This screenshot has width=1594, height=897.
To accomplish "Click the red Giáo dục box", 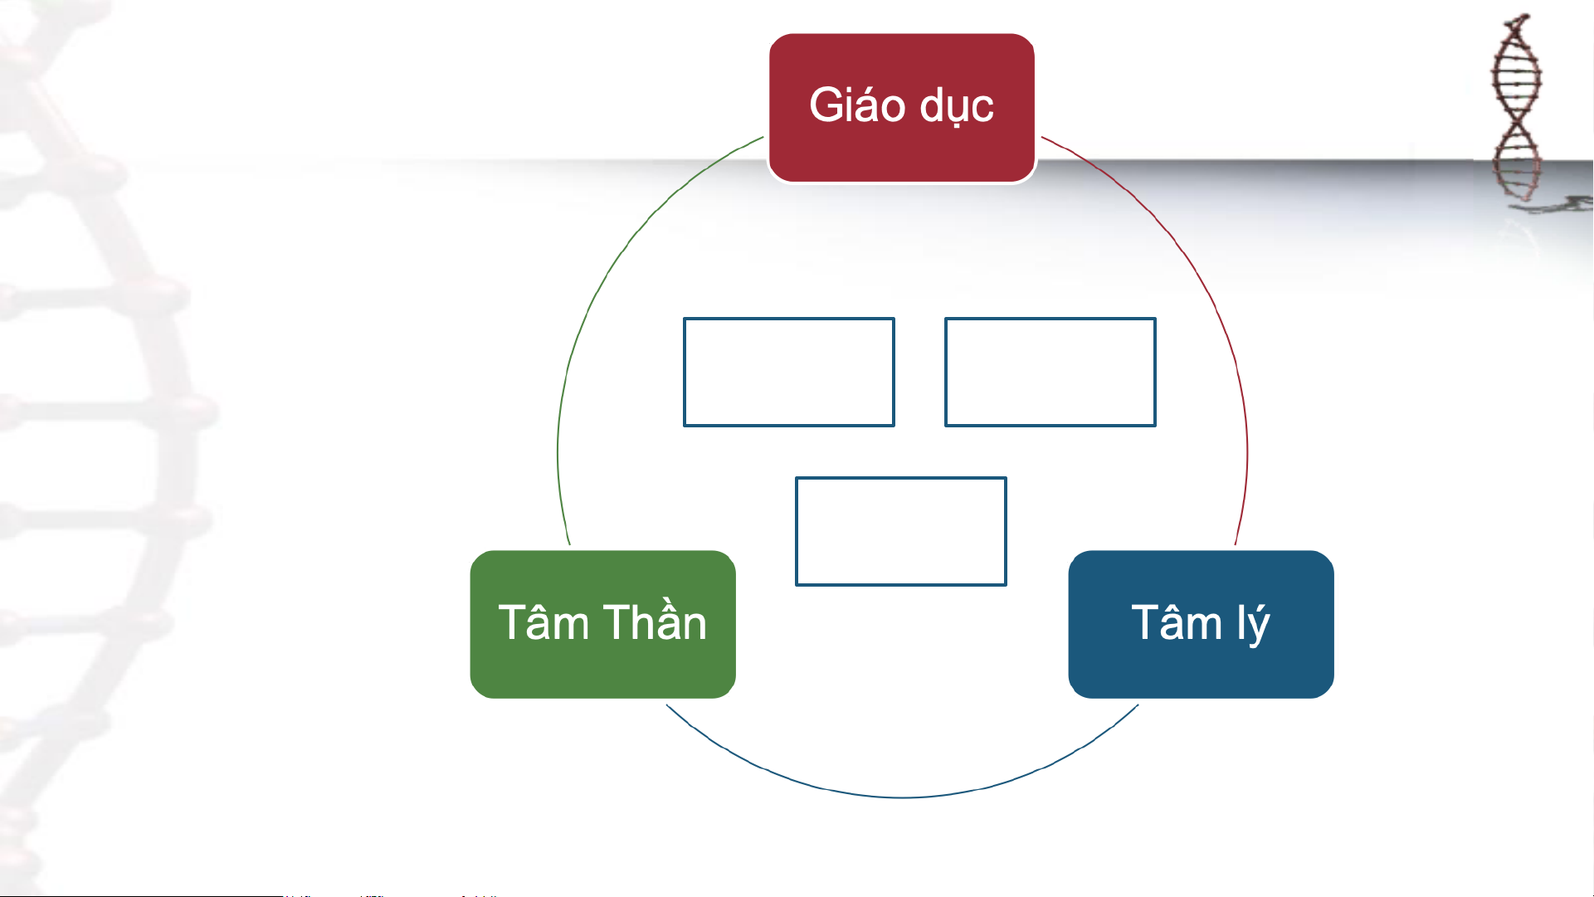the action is [x=902, y=108].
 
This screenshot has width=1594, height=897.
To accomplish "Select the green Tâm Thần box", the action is [x=603, y=624].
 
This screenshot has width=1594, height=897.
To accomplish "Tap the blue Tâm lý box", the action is [x=1201, y=624].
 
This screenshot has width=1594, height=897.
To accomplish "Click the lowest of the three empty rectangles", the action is [x=901, y=531].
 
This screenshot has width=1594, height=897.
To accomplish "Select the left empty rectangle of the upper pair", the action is [x=789, y=372].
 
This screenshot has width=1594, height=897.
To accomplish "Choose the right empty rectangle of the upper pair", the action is [x=1050, y=372].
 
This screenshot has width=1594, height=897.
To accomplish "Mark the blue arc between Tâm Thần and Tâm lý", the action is [x=902, y=797].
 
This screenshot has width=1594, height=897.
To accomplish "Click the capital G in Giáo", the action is [x=826, y=105].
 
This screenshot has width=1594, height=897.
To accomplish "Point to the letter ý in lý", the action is [x=1259, y=626].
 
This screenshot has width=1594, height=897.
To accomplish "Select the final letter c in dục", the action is [x=983, y=110].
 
